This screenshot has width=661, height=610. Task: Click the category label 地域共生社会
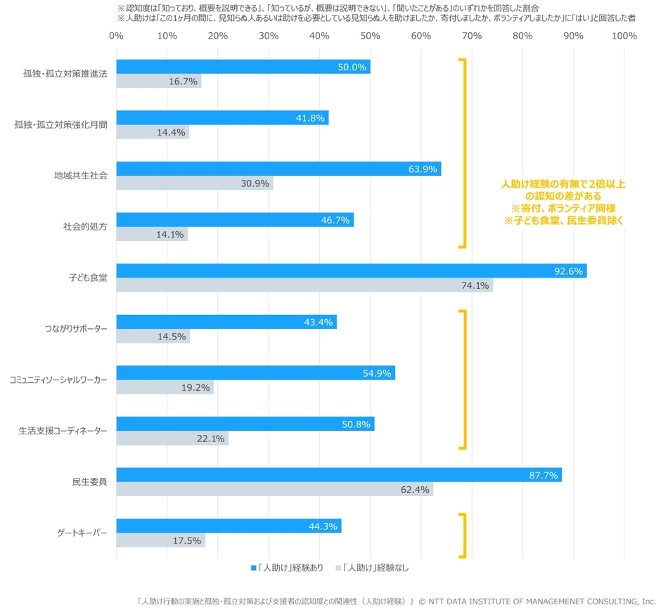[x=81, y=176]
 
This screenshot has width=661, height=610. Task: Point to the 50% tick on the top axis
[x=370, y=36]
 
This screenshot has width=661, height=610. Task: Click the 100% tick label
[x=624, y=36]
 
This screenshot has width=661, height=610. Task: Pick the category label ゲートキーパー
[x=83, y=533]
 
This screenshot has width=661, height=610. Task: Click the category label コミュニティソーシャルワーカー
[x=59, y=379]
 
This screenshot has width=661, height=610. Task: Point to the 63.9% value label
[x=423, y=169]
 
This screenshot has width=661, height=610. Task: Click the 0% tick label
[x=116, y=36]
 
